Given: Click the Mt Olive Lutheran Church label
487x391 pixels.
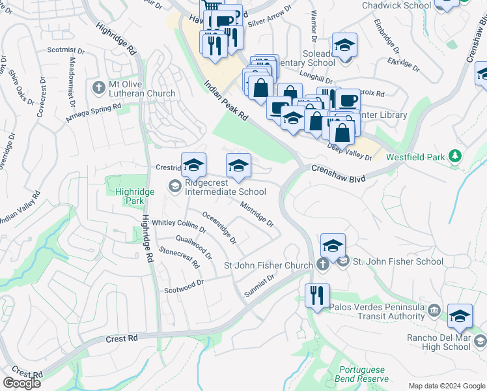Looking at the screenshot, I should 142,89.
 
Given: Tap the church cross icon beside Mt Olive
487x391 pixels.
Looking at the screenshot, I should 99,88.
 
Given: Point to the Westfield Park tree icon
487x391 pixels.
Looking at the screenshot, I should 456,156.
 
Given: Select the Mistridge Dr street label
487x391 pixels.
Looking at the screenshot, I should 257,213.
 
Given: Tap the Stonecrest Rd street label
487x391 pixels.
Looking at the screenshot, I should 179,257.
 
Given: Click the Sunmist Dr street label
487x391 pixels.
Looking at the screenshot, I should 260,284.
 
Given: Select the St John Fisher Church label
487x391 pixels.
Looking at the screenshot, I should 268,265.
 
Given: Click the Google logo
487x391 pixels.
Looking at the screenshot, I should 21,383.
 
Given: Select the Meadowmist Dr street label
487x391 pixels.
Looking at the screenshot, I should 71,78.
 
